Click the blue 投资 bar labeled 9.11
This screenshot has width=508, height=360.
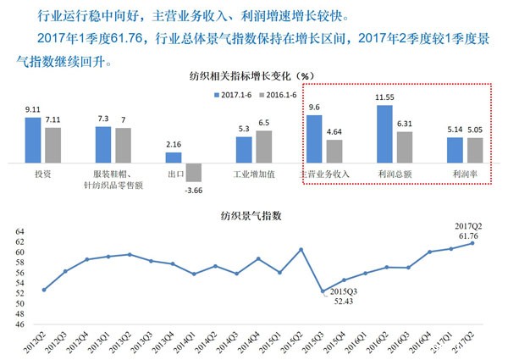click(33, 140)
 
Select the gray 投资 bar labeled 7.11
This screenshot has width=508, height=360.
click(52, 145)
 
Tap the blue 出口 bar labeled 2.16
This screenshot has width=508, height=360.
click(173, 158)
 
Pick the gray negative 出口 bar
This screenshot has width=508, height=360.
click(193, 171)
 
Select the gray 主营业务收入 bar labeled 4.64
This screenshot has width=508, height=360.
click(334, 151)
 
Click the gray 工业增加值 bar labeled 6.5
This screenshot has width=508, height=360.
click(264, 147)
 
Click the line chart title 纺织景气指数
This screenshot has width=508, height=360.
click(253, 215)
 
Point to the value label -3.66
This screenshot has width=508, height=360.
click(194, 191)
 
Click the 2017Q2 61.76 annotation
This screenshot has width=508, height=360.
click(467, 230)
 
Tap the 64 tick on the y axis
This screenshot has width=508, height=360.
click(19, 231)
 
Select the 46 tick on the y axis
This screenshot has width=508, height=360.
click(19, 324)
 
